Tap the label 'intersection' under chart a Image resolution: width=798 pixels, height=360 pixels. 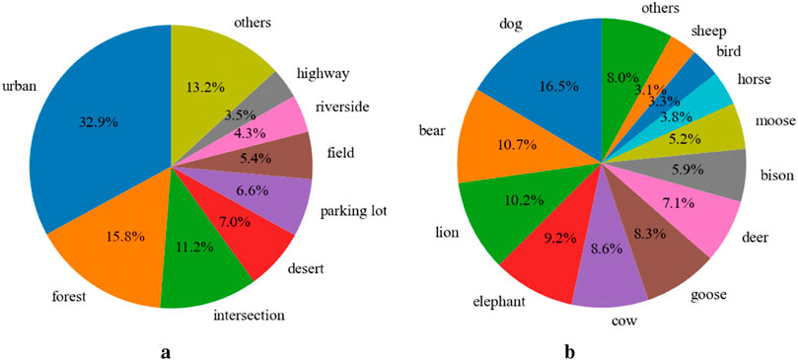[x=249, y=317]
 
